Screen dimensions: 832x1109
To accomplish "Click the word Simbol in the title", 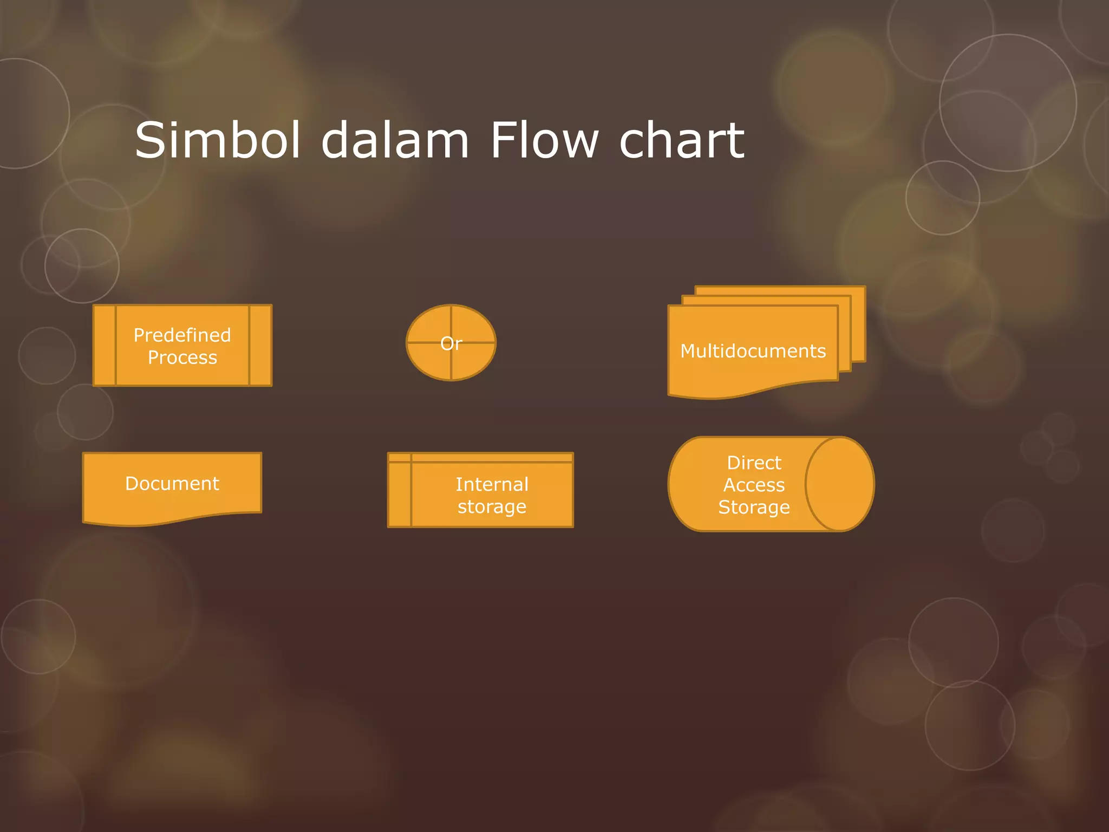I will pyautogui.click(x=217, y=140).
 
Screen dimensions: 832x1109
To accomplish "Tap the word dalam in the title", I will pyautogui.click(x=395, y=140).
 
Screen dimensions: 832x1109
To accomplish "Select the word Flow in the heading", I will pyautogui.click(x=544, y=140).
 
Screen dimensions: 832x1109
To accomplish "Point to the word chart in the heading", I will pyautogui.click(x=682, y=140).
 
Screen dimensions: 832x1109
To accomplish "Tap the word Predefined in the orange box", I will pyautogui.click(x=182, y=335).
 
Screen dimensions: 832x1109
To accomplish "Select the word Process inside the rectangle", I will pyautogui.click(x=182, y=357).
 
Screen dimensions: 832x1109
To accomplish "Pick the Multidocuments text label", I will pyautogui.click(x=753, y=351).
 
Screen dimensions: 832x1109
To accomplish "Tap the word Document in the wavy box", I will pyautogui.click(x=172, y=483).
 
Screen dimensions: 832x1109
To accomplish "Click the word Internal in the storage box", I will pyautogui.click(x=492, y=484).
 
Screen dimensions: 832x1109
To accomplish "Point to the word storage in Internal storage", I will pyautogui.click(x=492, y=507).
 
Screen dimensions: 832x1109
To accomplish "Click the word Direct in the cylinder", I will pyautogui.click(x=754, y=463).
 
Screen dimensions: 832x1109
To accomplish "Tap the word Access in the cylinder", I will pyautogui.click(x=754, y=485).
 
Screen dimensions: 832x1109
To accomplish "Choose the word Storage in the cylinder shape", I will pyautogui.click(x=754, y=507).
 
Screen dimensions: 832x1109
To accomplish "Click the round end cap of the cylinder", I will pyautogui.click(x=839, y=484).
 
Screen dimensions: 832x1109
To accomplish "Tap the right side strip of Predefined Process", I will pyautogui.click(x=260, y=346).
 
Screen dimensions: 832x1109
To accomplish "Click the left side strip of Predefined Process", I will pyautogui.click(x=105, y=346).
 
